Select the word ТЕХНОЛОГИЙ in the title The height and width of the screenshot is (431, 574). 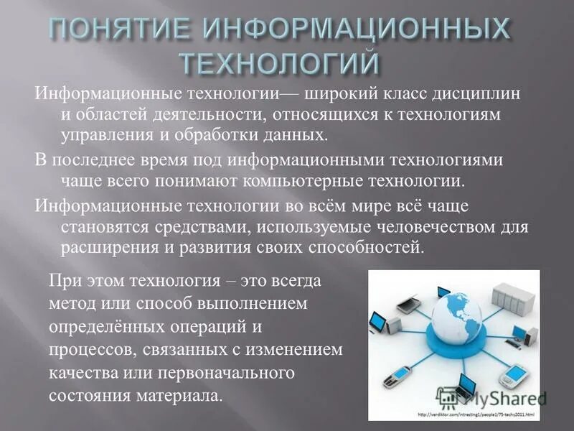click(x=277, y=62)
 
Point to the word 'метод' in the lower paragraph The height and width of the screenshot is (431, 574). click(x=69, y=302)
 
